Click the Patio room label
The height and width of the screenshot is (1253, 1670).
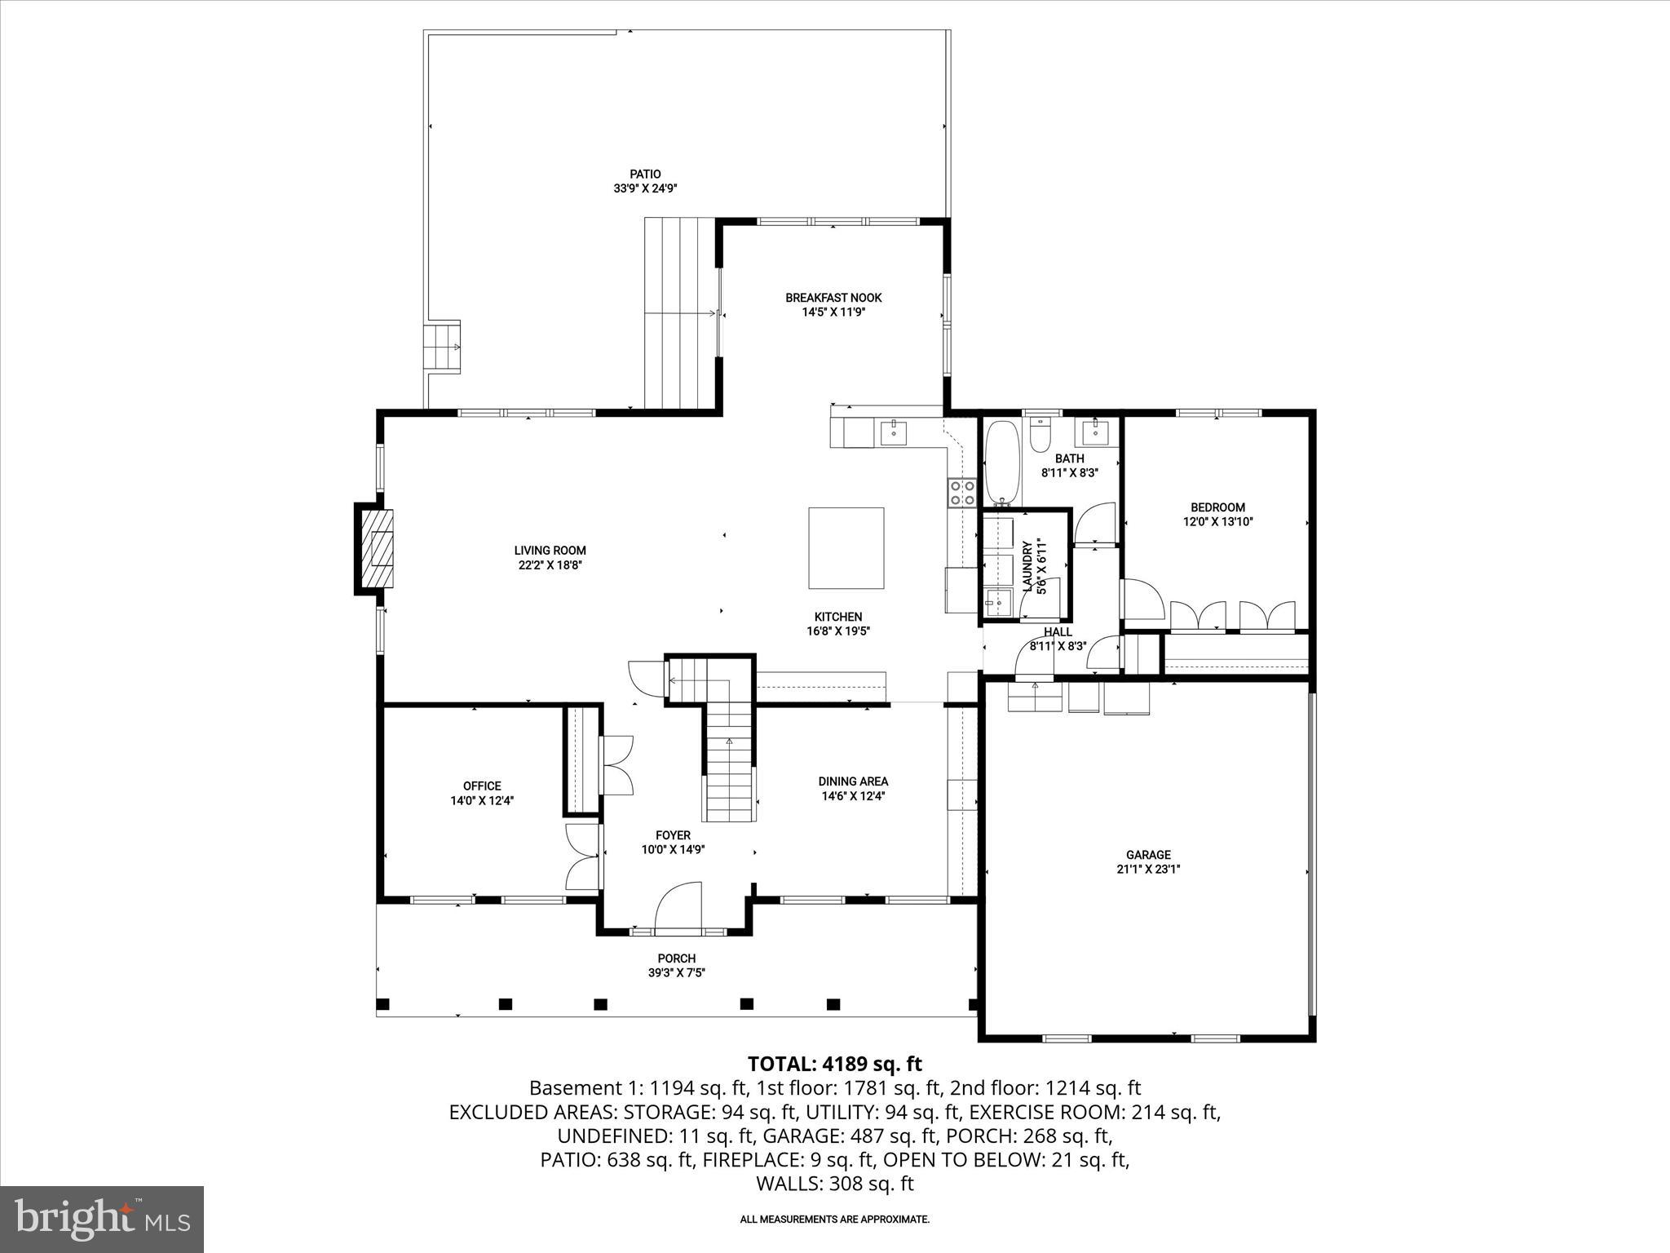[645, 174]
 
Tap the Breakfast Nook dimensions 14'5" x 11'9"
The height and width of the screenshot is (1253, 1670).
[833, 312]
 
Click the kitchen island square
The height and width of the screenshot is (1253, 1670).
[846, 547]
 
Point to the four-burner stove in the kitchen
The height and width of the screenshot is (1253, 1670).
[962, 492]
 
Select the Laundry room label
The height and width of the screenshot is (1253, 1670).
[1027, 565]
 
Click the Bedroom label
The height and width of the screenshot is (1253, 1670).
[1217, 507]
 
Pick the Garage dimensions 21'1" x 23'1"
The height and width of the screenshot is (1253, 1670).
[1148, 869]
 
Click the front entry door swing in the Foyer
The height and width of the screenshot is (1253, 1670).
[679, 905]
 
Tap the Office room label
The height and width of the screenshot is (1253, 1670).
[482, 786]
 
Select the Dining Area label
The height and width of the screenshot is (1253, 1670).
[853, 781]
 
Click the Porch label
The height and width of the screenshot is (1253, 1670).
[677, 959]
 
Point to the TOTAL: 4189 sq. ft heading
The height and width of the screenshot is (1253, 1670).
[834, 1064]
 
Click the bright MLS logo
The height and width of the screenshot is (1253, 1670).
[102, 1219]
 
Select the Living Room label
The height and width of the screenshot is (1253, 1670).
[550, 551]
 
